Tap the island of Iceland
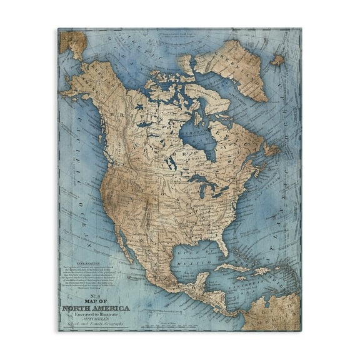(277, 60)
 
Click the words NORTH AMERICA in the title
(96, 308)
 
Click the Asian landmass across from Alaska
(72, 41)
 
